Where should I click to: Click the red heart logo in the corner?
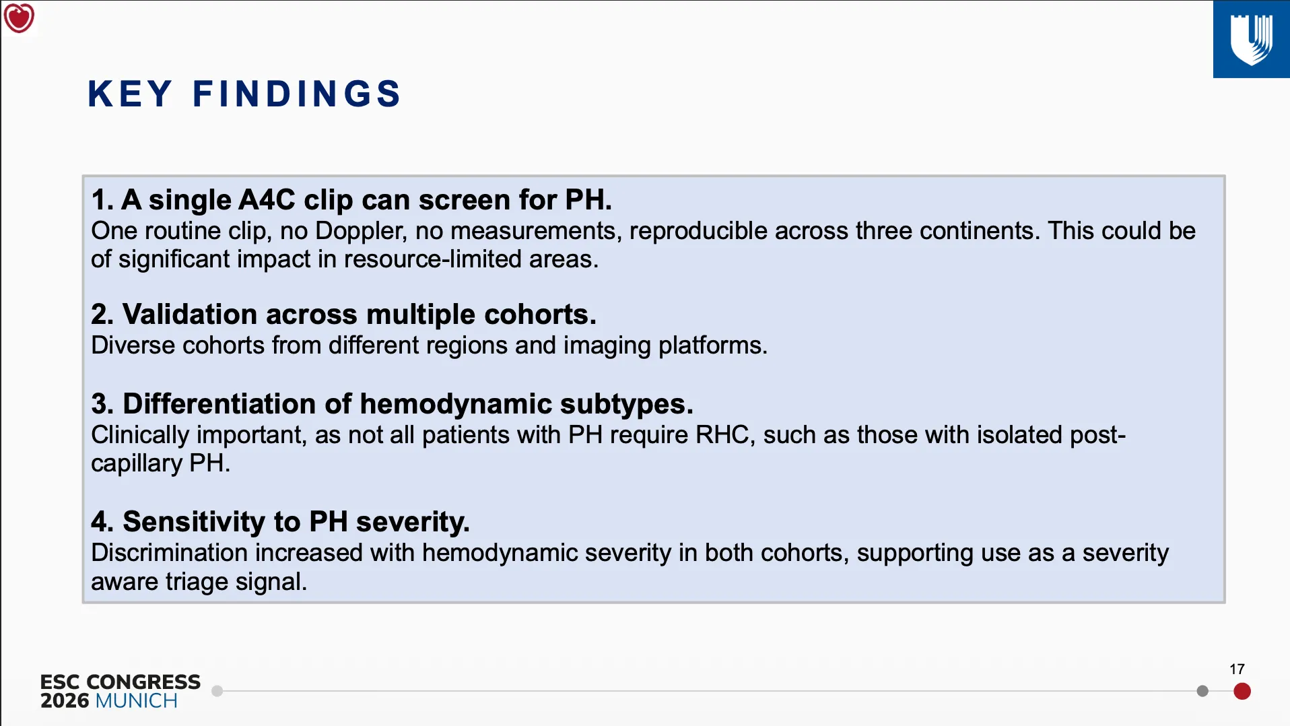click(x=19, y=18)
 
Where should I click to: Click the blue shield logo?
click(x=1252, y=39)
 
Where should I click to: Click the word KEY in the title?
click(x=130, y=94)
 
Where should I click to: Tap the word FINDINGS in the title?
click(x=297, y=94)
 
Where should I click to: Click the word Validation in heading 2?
click(x=190, y=315)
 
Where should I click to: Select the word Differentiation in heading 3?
click(x=219, y=404)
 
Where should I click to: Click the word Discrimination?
click(x=170, y=553)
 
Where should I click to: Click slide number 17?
click(x=1237, y=669)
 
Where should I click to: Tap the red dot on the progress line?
click(x=1242, y=691)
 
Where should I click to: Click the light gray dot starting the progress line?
click(x=217, y=691)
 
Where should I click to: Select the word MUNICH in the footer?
click(x=137, y=701)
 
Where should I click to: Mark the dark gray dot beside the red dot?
click(x=1202, y=691)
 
